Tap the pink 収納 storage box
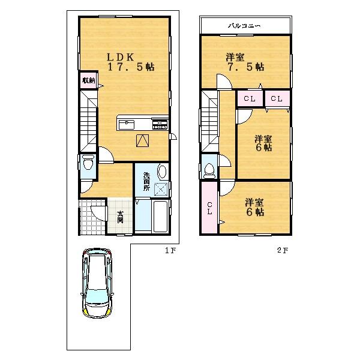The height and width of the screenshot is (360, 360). tap(88, 81)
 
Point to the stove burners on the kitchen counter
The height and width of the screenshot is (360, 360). tap(160, 124)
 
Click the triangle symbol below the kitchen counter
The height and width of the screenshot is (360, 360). tap(142, 140)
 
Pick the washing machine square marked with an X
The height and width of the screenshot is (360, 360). tap(161, 190)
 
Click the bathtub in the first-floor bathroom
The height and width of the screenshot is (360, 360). tap(161, 217)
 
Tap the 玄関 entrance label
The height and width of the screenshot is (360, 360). tap(120, 217)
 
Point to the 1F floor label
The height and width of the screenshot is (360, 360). tap(170, 251)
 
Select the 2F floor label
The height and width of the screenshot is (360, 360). tap(282, 251)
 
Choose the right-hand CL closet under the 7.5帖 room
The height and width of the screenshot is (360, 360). tap(277, 98)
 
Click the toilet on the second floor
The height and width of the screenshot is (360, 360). tap(209, 170)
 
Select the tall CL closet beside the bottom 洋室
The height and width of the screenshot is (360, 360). tap(209, 209)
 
